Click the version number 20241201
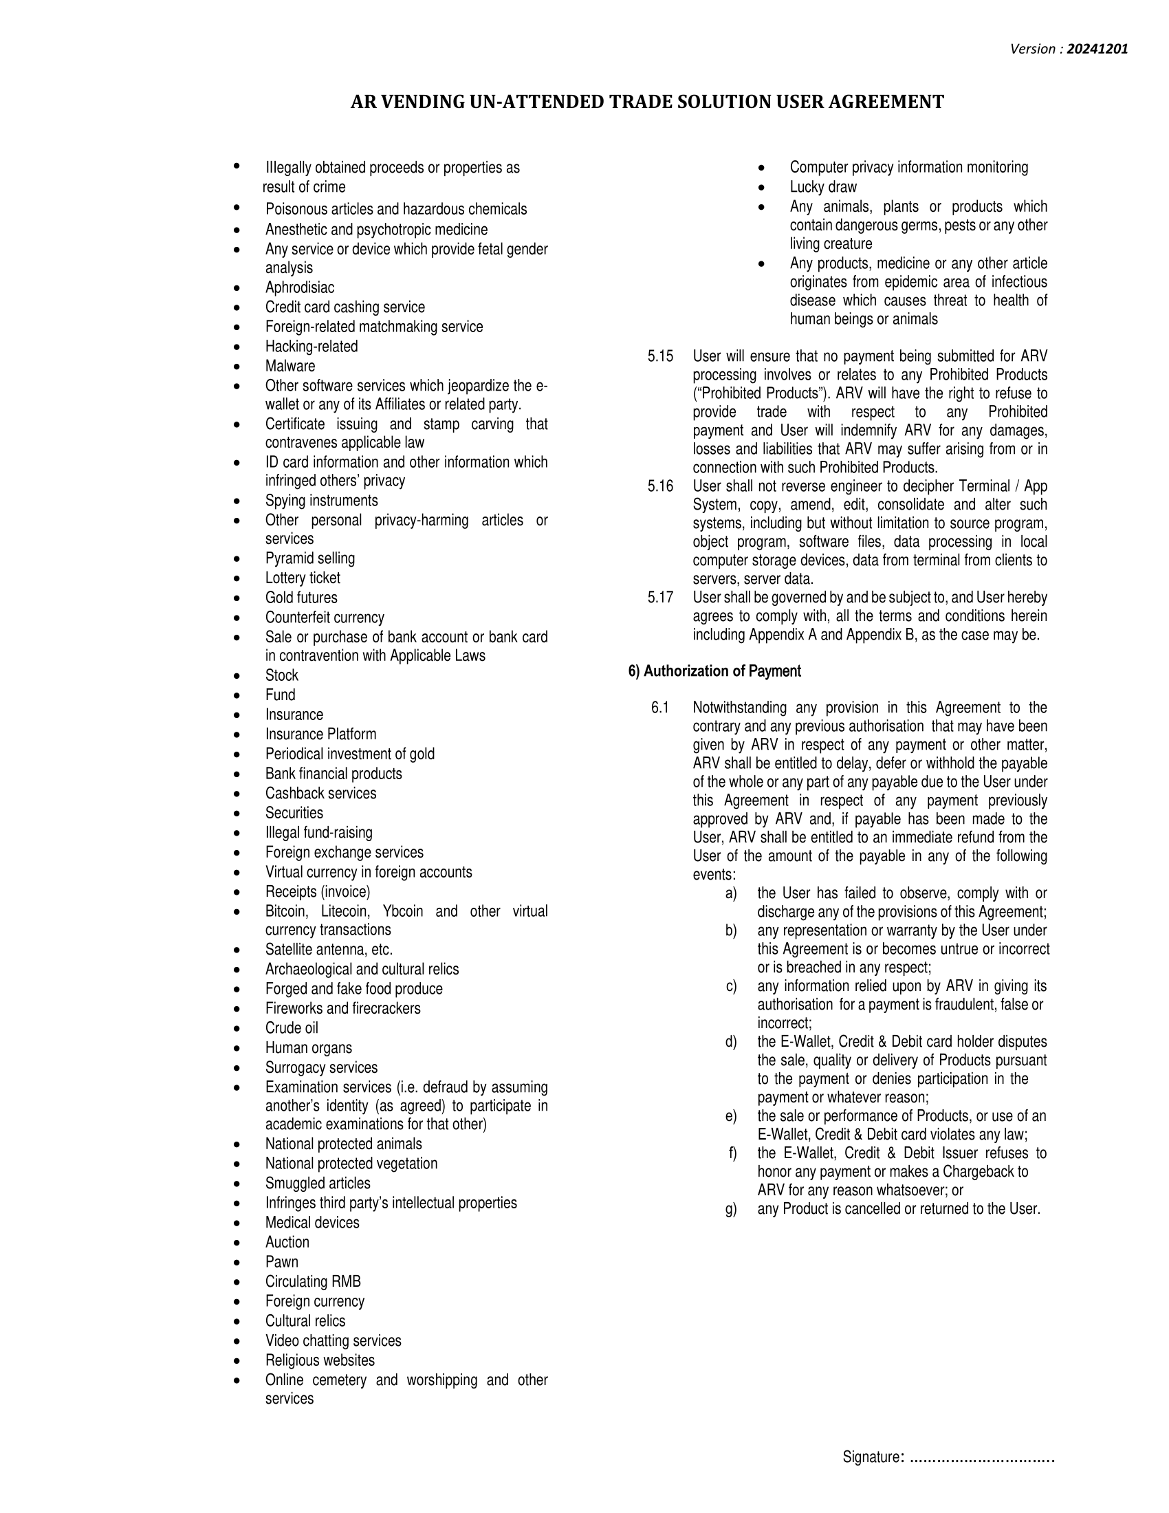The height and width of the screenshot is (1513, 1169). tap(1097, 49)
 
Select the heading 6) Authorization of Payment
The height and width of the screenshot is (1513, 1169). tap(714, 671)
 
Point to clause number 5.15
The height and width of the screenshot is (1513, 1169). tap(660, 356)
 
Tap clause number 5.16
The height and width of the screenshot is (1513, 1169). tap(660, 486)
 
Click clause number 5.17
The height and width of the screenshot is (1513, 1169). tap(660, 597)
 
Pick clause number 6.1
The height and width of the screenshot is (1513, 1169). tap(660, 707)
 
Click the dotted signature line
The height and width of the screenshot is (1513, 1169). tap(981, 1457)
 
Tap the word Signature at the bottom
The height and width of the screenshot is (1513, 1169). tap(870, 1457)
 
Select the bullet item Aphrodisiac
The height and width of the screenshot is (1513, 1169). tap(299, 287)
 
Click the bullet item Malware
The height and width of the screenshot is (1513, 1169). tap(289, 366)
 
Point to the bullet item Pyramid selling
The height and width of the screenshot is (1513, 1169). tap(309, 558)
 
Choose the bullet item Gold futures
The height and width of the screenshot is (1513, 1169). tap(301, 597)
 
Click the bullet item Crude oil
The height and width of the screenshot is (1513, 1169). tap(292, 1028)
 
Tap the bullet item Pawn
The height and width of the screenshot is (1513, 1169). tap(281, 1261)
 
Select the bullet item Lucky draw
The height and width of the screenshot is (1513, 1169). tap(822, 187)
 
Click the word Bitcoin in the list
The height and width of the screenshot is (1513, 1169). tap(285, 911)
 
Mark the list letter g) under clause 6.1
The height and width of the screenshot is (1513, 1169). tap(730, 1209)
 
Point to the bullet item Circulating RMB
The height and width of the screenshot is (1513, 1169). tap(312, 1282)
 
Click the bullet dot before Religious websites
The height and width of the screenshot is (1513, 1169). tap(237, 1360)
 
